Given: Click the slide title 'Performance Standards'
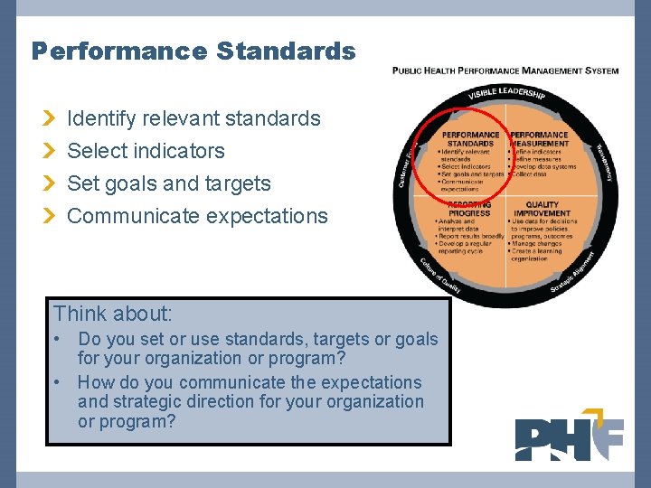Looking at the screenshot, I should coord(193,51).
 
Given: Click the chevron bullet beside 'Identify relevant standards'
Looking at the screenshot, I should coord(51,118).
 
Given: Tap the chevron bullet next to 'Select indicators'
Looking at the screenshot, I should coord(51,151).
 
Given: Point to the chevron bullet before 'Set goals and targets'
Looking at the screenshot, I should coord(51,183).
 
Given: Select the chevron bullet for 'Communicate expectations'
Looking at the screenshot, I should coord(51,216).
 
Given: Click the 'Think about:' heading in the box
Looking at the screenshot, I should coord(113,314).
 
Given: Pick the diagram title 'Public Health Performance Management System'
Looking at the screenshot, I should coord(505,70).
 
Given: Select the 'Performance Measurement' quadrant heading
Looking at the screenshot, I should coord(540,139).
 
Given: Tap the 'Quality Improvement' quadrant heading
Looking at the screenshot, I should coord(542,209).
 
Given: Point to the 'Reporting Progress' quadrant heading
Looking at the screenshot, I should coord(470,209).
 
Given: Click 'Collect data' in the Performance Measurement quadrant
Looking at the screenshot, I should coord(533,174).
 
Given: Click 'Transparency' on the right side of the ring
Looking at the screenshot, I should coord(603,163).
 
